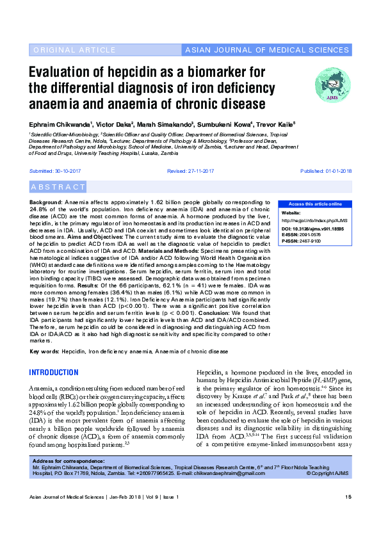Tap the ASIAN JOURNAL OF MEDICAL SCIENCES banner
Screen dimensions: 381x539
tap(266, 50)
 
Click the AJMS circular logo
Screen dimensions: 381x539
tap(332, 84)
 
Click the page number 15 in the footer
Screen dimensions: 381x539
tap(348, 515)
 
